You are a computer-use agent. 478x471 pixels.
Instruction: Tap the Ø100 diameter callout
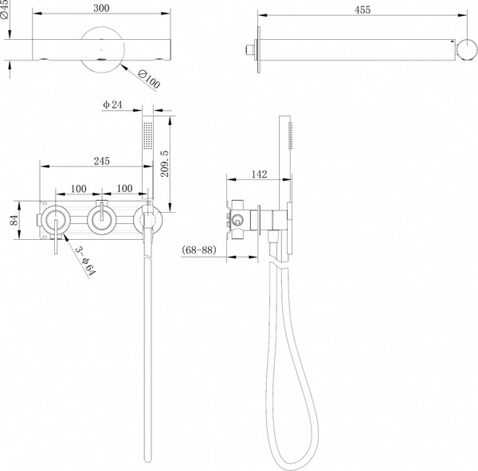[149, 78]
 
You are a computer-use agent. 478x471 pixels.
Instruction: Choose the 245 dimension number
[101, 160]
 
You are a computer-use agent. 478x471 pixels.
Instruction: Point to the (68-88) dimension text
[199, 251]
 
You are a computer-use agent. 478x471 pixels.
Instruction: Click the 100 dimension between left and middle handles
[79, 188]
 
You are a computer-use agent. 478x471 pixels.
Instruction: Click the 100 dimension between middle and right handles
[124, 188]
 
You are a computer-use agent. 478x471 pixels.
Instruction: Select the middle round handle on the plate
[101, 219]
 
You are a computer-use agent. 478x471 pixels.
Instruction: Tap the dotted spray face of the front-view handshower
[146, 135]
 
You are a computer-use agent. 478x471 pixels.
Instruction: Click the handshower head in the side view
[289, 139]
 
